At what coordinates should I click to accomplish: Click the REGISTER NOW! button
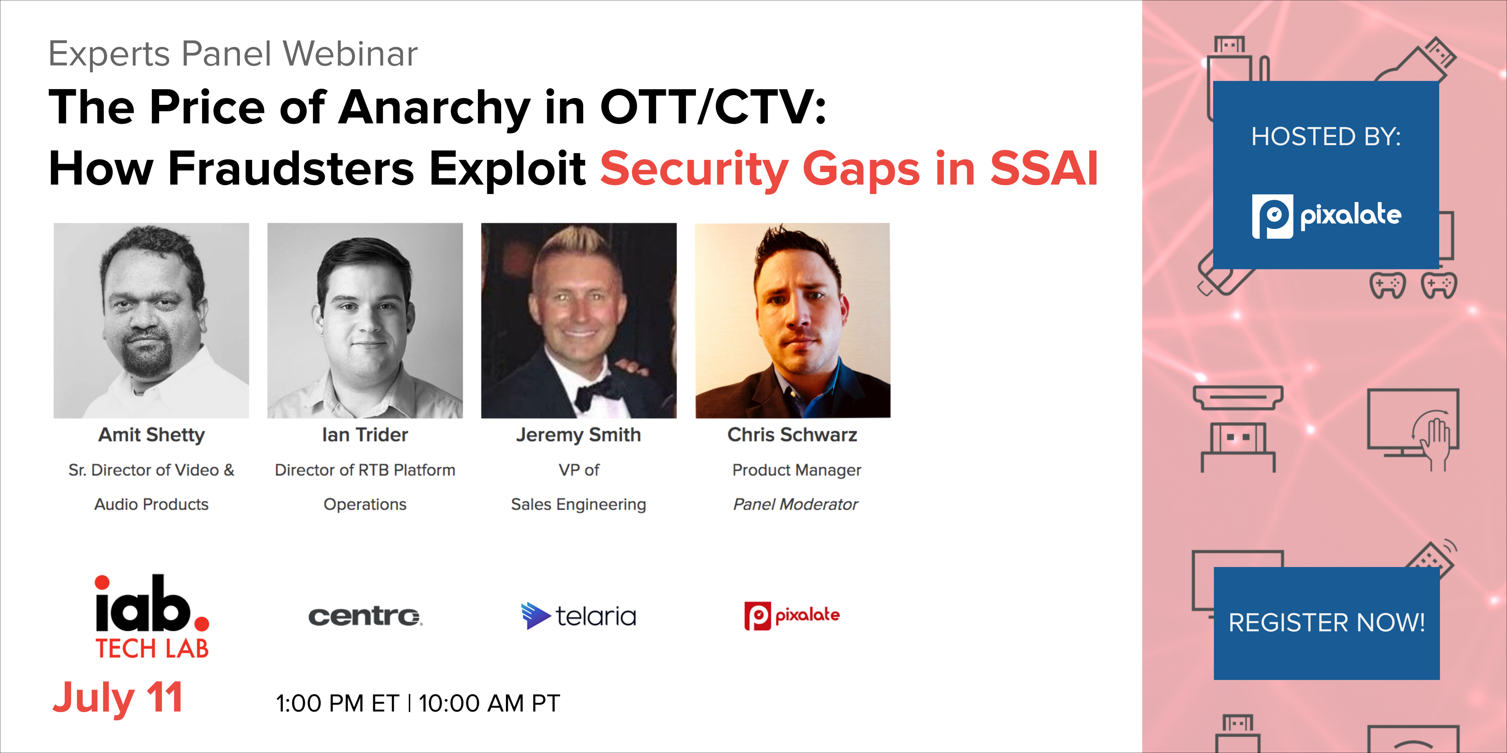1326,623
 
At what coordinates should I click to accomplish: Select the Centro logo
365,616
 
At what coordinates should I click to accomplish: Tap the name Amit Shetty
151,435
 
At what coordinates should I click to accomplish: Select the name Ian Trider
365,435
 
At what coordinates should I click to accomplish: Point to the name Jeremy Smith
579,435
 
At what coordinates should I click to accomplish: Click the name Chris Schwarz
792,435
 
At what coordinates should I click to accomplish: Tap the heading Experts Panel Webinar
233,54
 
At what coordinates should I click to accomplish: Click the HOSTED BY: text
1326,137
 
